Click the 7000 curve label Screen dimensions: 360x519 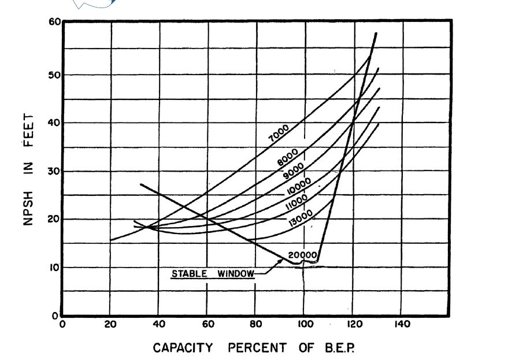[279, 133]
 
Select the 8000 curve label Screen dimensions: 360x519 [288, 156]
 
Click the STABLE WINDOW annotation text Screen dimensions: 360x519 [213, 273]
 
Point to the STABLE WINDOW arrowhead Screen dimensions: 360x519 [282, 261]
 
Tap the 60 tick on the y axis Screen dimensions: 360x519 [54, 23]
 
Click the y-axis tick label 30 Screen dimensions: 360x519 [54, 171]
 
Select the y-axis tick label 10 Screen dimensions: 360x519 [54, 268]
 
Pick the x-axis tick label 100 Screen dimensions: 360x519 [305, 325]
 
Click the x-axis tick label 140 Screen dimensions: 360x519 [402, 325]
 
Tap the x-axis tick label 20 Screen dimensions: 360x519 [110, 325]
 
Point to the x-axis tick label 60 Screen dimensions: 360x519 [208, 325]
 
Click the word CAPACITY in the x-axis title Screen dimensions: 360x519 [183, 348]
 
